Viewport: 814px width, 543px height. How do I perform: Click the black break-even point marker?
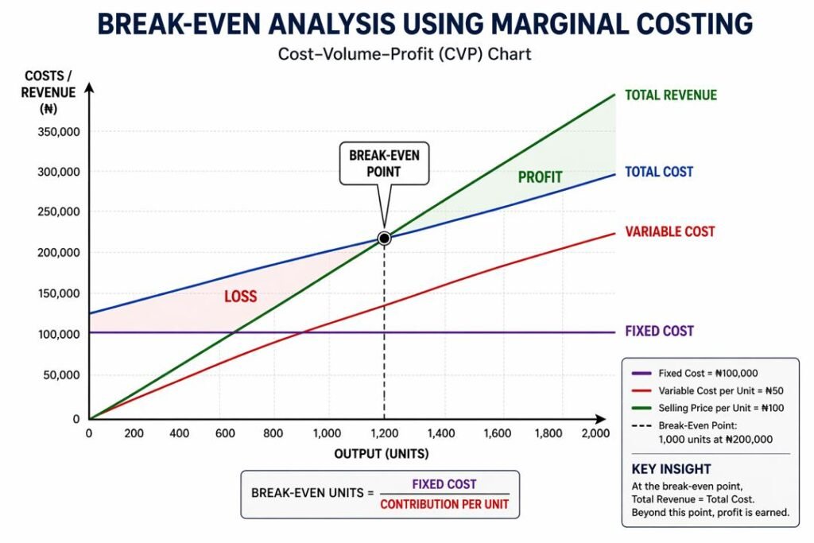tap(384, 238)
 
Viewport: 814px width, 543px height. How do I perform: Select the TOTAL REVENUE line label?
tap(670, 95)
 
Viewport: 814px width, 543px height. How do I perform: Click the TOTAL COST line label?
tap(659, 172)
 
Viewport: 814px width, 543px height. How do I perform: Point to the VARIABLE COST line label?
tap(669, 232)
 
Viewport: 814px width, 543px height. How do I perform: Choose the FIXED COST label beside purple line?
tap(659, 331)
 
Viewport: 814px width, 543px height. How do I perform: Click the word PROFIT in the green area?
tap(540, 177)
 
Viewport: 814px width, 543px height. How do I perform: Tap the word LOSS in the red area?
tap(240, 297)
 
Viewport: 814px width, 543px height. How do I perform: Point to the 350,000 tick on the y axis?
tap(57, 131)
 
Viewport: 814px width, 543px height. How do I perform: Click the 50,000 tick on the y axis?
tap(60, 375)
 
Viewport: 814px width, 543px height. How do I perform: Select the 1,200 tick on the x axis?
tap(384, 433)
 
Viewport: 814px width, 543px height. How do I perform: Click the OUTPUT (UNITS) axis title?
tap(382, 454)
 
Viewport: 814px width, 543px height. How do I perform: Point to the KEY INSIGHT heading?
tap(671, 469)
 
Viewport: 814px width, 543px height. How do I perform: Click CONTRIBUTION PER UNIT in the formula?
tap(444, 504)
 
